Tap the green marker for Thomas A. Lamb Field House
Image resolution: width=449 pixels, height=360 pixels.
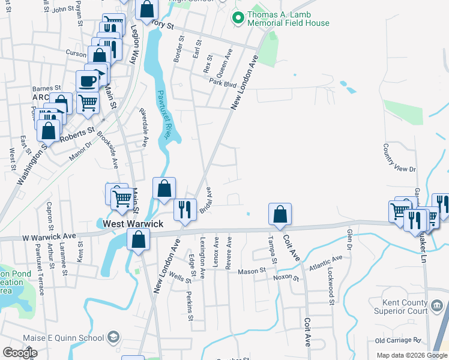tap(238, 19)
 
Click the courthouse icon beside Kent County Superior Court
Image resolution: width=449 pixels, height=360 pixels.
tap(438, 307)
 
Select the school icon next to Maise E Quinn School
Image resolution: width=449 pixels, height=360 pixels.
tap(113, 338)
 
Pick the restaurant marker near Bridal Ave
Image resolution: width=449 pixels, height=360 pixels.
tap(184, 209)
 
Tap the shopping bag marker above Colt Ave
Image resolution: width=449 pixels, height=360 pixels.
tap(280, 214)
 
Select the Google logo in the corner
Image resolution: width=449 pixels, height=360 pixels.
tap(20, 353)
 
